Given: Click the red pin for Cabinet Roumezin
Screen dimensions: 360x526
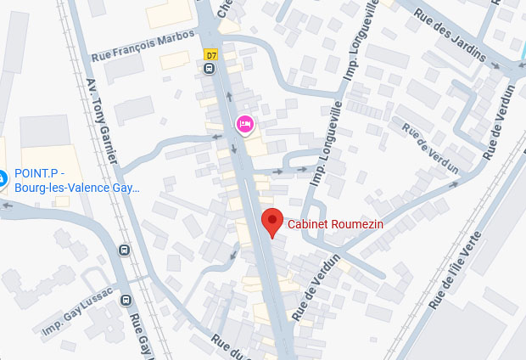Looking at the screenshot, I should pos(271,222).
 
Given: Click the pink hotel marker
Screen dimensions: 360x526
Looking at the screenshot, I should pos(244,126).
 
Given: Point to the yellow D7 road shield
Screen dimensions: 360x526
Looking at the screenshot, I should pos(210,55).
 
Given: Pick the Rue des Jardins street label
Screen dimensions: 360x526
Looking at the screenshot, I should pos(449,35).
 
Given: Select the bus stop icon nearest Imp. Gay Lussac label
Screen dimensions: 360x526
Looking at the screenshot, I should pos(126,300).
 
